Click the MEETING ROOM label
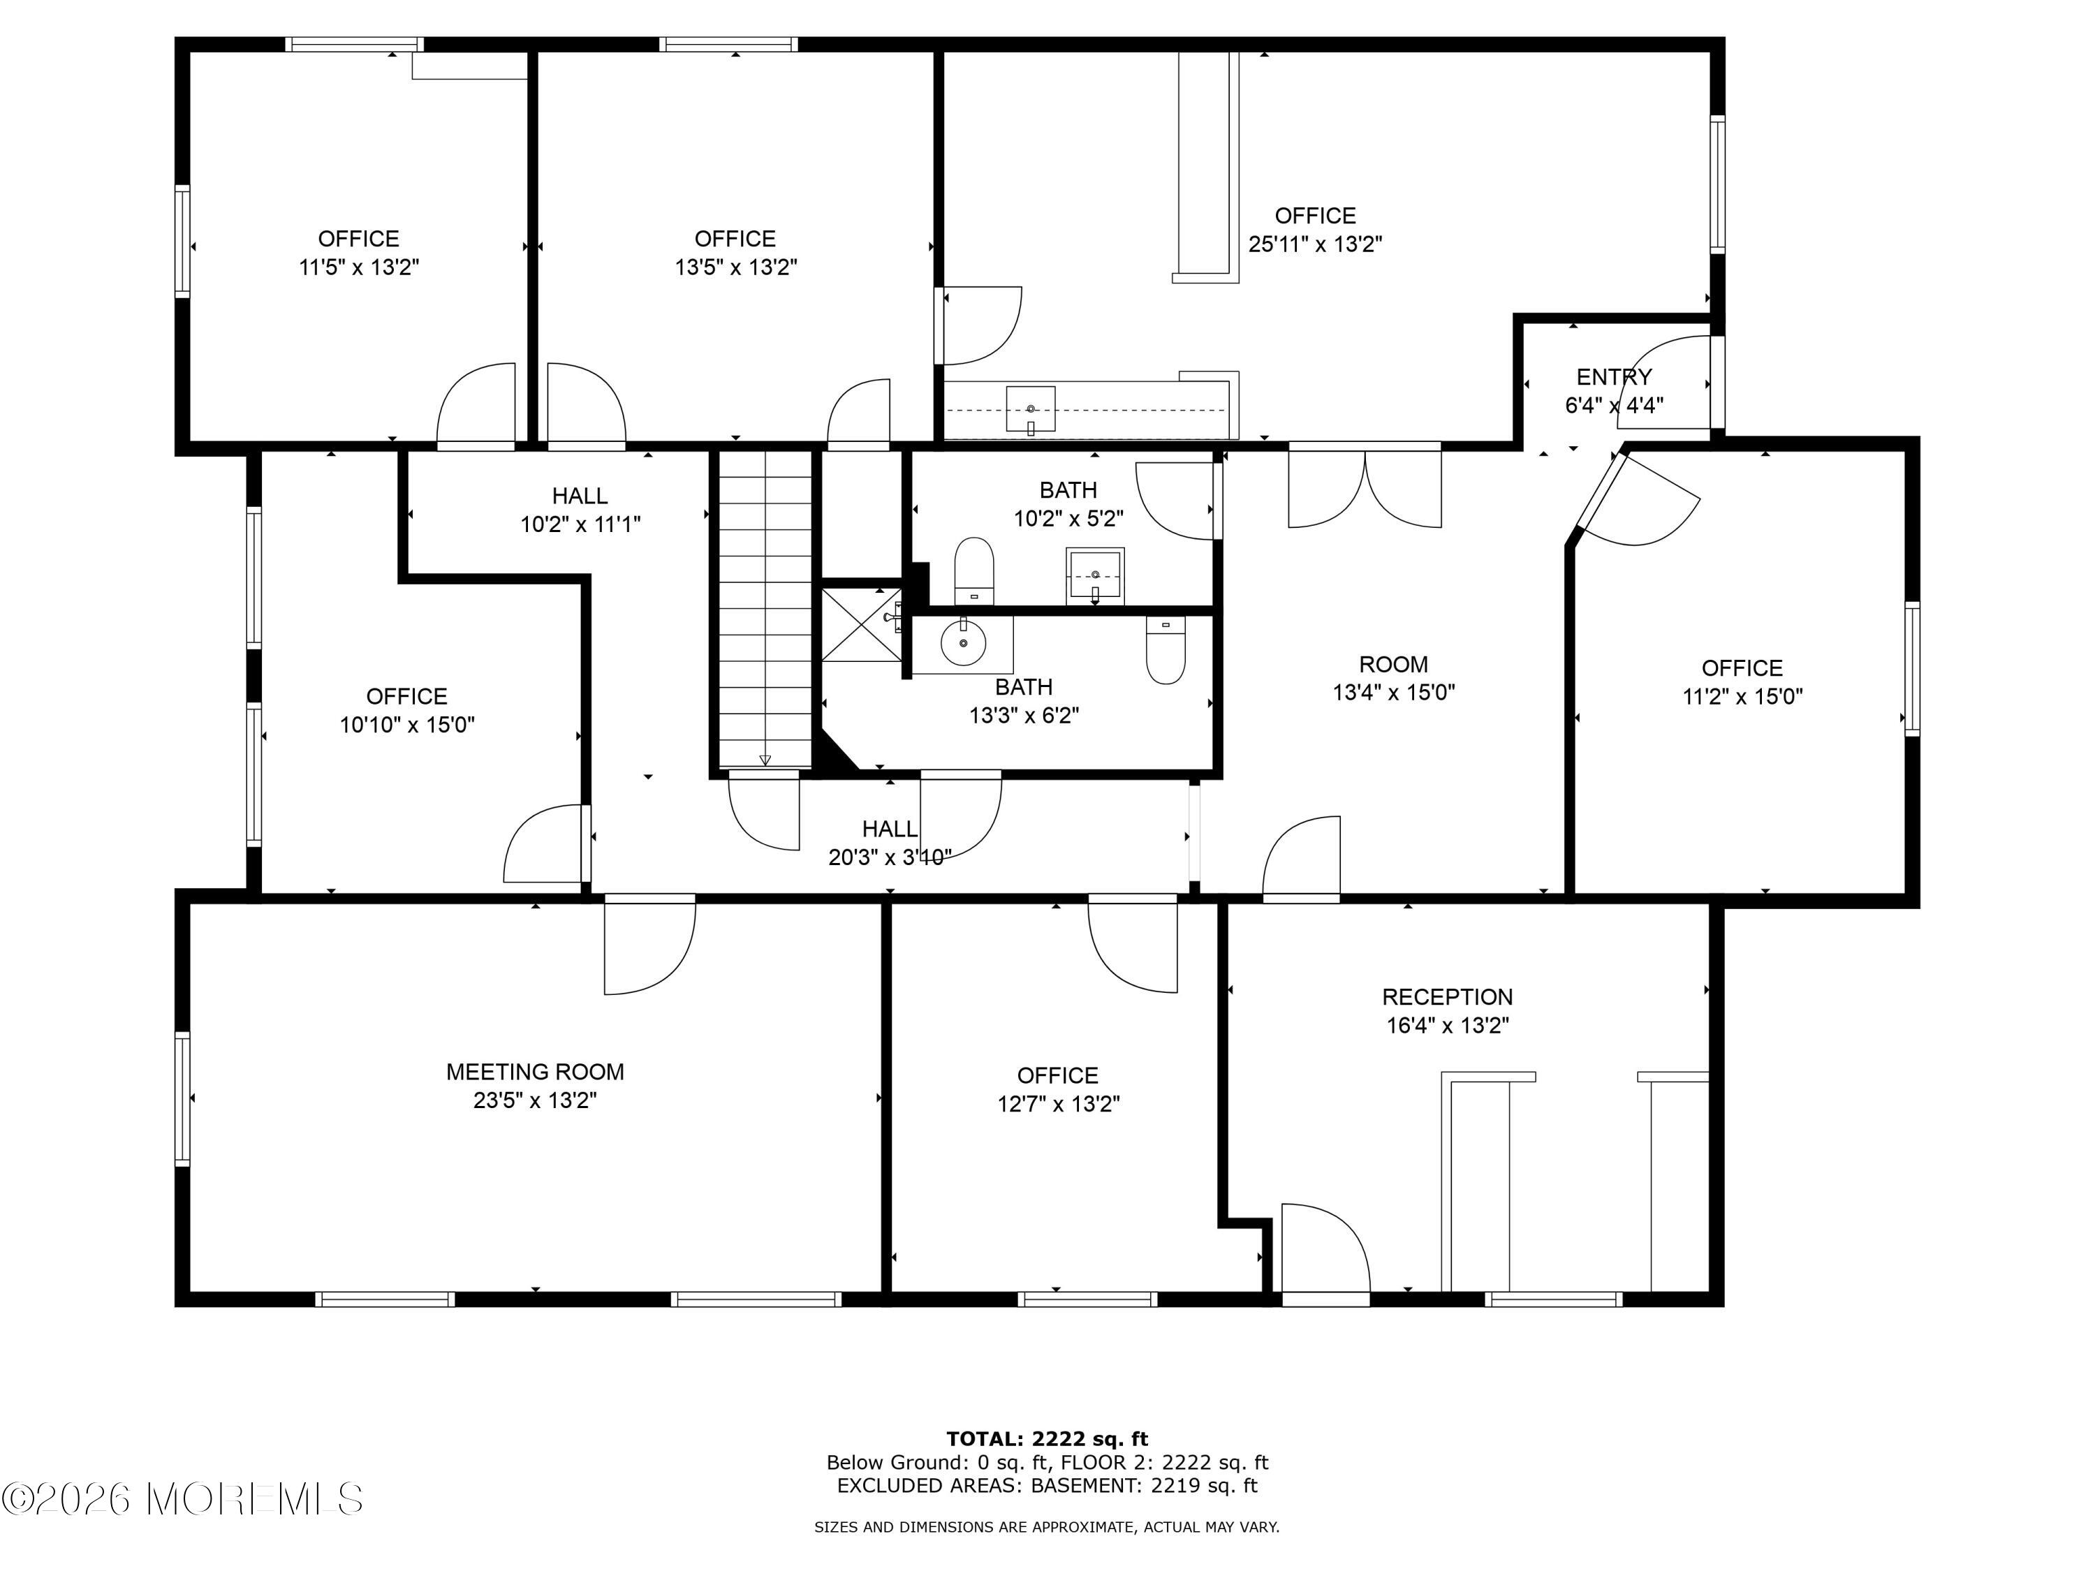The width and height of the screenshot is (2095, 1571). click(x=535, y=1072)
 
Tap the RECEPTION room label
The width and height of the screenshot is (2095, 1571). click(x=1447, y=997)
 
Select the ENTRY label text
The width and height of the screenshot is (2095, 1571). click(x=1614, y=377)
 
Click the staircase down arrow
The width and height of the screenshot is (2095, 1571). click(x=765, y=760)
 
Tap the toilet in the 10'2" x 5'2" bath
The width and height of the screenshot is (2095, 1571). click(x=973, y=571)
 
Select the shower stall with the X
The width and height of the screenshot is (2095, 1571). click(x=861, y=625)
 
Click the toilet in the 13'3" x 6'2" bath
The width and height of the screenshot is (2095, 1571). click(x=1165, y=649)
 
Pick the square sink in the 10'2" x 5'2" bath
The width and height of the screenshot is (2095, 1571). click(x=1095, y=575)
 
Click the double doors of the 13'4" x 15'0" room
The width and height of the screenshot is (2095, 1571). click(x=1365, y=487)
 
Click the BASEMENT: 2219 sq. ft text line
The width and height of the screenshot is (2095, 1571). click(x=1144, y=1486)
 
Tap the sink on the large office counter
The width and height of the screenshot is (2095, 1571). click(x=1031, y=410)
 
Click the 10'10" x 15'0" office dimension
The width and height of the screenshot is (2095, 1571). click(x=407, y=725)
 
